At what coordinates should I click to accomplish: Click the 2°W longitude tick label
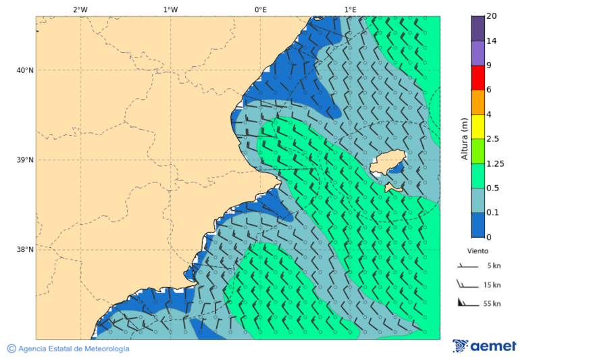[80, 9]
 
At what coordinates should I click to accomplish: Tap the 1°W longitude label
[170, 9]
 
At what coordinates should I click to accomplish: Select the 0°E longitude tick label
[260, 9]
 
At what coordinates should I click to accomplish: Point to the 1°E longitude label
[350, 9]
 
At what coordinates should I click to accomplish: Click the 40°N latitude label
[25, 70]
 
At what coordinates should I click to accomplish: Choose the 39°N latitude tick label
[25, 160]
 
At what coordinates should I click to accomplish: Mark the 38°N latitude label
[25, 250]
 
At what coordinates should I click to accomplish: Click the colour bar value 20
[492, 16]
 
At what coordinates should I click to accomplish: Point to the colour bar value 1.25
[495, 163]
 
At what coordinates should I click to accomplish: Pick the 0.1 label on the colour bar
[492, 212]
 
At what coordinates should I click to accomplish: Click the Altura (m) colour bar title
[464, 138]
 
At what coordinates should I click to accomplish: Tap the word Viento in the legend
[478, 251]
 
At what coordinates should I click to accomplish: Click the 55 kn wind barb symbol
[466, 302]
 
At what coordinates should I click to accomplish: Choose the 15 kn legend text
[492, 285]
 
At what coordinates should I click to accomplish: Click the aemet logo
[484, 346]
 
